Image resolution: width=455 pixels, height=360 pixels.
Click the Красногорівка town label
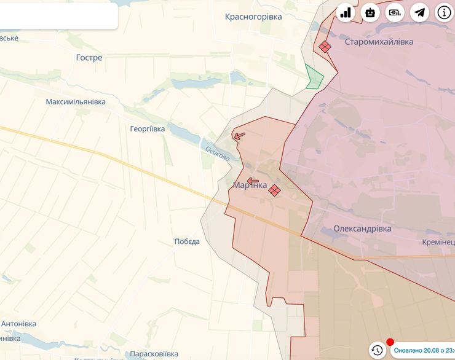(x=253, y=17)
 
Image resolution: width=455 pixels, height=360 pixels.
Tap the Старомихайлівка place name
(x=379, y=42)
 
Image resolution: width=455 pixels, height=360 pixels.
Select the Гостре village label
(x=89, y=58)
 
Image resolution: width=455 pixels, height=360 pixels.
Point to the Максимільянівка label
(x=76, y=101)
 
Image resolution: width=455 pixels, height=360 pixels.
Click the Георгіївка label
(x=148, y=129)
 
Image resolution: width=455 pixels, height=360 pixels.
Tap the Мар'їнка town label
(x=250, y=186)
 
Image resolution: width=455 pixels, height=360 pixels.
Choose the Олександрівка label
(x=362, y=229)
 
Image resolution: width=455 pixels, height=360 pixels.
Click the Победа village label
(x=187, y=241)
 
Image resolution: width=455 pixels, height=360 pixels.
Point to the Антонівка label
(x=19, y=324)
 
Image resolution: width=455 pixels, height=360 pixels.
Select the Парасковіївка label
(x=154, y=354)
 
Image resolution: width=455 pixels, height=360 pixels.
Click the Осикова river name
(x=218, y=154)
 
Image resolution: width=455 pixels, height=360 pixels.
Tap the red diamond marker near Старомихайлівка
(x=325, y=46)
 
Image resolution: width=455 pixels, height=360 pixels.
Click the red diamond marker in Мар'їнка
(x=274, y=191)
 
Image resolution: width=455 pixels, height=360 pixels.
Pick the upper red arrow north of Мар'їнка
(x=239, y=136)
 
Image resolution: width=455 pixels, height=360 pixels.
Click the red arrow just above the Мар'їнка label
(x=252, y=181)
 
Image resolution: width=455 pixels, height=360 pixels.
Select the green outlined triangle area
(x=314, y=77)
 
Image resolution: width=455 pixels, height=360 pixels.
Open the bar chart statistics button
(x=346, y=12)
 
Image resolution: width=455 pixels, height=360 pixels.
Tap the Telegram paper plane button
(x=419, y=12)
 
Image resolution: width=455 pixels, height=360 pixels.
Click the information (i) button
(x=444, y=12)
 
